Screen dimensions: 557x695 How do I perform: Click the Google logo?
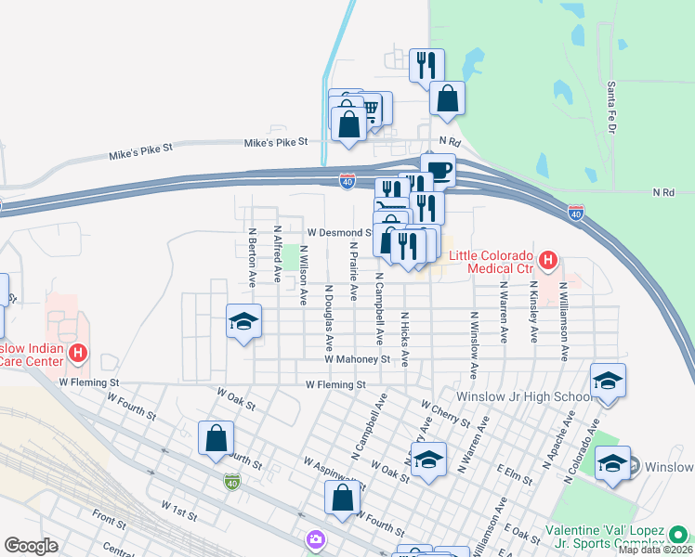[32, 546]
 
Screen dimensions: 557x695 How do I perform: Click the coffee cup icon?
[438, 170]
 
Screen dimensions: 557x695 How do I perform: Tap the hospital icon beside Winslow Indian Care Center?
[79, 353]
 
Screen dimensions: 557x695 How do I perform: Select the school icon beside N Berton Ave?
[243, 321]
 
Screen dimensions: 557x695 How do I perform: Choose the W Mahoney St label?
[357, 359]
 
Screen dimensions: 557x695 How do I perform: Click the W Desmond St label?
[339, 232]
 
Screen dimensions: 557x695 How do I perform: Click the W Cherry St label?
[445, 414]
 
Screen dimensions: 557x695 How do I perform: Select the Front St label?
[109, 524]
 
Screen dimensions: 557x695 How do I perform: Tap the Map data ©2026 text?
[655, 550]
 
